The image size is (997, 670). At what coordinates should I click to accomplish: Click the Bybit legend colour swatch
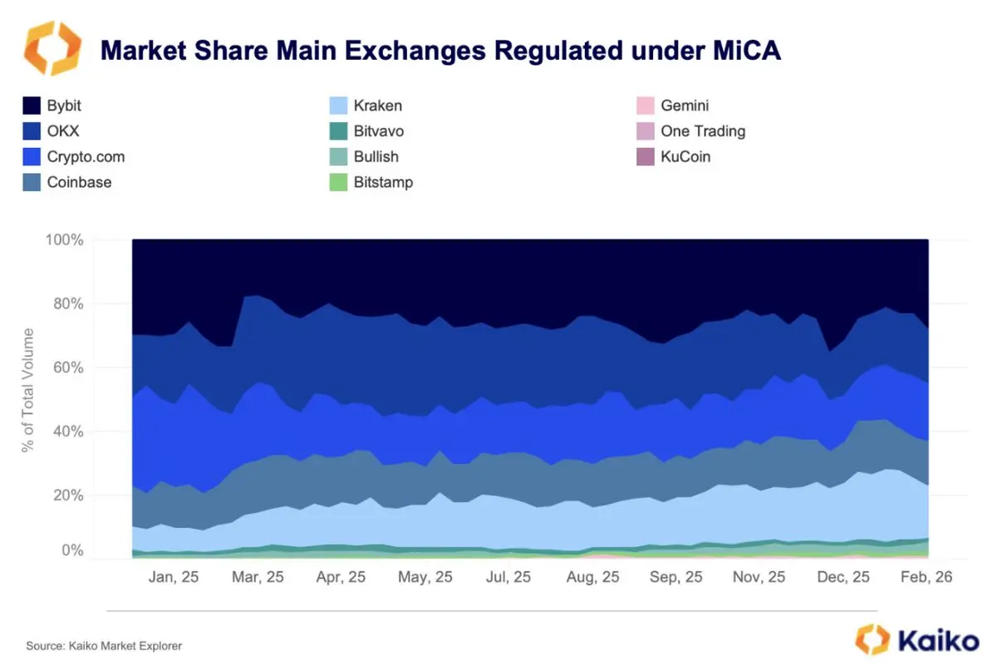point(32,106)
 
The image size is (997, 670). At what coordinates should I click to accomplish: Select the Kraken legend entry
point(366,106)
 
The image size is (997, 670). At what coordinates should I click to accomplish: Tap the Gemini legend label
point(685,106)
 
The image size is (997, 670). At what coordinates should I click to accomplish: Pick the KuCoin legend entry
point(674,157)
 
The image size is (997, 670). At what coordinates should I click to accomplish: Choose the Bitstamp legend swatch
point(338,182)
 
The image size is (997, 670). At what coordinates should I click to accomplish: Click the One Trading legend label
point(703,131)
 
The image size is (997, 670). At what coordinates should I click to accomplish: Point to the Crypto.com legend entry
point(74,157)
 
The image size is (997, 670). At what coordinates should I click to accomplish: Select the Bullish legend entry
point(364,157)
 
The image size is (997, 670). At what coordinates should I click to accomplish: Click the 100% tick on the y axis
point(65,239)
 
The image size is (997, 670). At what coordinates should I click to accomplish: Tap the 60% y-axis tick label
point(68,367)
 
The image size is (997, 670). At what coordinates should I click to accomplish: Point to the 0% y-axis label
point(72,549)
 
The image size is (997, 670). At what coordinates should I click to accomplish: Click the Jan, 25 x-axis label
point(174,577)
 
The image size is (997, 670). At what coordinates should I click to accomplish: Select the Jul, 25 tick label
point(508,577)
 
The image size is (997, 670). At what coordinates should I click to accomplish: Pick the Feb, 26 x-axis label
point(926,577)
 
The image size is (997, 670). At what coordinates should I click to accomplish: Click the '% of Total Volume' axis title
point(27,391)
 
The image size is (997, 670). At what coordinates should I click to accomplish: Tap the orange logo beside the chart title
point(52,48)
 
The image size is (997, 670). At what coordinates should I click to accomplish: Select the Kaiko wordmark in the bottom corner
point(917,640)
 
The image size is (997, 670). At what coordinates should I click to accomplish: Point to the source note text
point(104,646)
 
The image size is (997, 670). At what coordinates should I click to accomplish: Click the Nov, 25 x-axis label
point(759,577)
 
